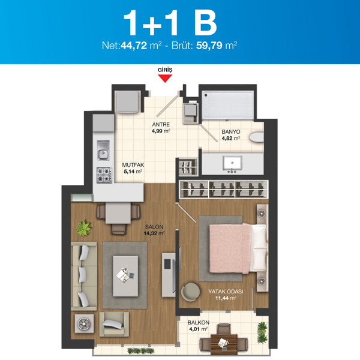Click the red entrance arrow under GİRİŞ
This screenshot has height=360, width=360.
tap(165, 78)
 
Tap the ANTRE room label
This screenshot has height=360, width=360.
tap(161, 124)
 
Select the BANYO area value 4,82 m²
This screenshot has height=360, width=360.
tap(231, 138)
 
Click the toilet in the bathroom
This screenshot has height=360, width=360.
tap(257, 137)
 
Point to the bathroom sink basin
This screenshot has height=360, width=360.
tap(232, 163)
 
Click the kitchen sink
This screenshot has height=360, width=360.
tap(103, 150)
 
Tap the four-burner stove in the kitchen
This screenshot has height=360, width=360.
tap(104, 175)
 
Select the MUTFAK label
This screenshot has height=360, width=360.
tap(133, 165)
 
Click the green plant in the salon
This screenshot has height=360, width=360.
tap(83, 228)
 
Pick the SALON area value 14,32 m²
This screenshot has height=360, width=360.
tap(154, 233)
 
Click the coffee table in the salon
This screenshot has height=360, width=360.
tap(125, 276)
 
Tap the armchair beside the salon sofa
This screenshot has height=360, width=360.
tap(114, 324)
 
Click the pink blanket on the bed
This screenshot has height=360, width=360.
tap(230, 248)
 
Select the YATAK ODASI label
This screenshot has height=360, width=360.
tap(226, 292)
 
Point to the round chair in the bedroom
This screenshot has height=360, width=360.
tap(190, 292)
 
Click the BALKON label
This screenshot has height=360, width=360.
tap(199, 323)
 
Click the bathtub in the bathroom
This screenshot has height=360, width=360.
tap(227, 105)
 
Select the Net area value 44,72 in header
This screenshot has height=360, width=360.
tap(134, 46)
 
